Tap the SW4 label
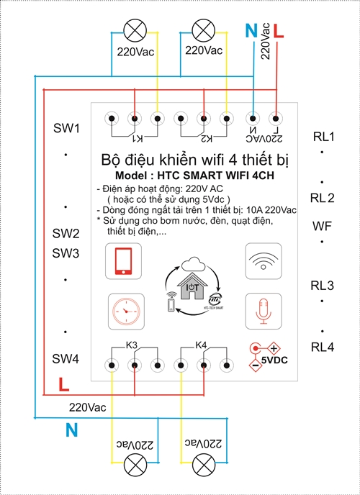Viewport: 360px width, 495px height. click(x=66, y=358)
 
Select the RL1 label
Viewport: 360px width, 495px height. click(x=323, y=137)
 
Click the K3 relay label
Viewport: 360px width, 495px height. click(x=132, y=345)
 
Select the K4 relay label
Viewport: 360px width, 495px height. click(x=203, y=345)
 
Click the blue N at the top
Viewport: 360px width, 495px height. click(x=251, y=30)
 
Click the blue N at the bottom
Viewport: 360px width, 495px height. click(x=72, y=430)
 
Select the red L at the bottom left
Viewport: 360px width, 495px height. click(x=63, y=385)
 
